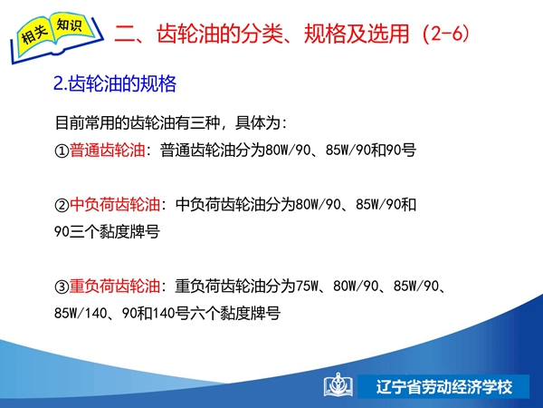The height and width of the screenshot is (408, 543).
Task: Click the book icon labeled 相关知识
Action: pos(56,37)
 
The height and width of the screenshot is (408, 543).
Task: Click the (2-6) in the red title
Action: pos(446,34)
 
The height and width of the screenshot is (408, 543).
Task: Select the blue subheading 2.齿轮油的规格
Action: pos(115,83)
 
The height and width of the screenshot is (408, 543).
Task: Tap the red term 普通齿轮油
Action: pos(107,151)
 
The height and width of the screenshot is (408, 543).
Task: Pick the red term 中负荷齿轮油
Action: pos(115,204)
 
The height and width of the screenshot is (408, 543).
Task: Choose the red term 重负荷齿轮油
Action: pos(115,287)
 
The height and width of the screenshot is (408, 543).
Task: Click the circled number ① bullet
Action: pos(62,151)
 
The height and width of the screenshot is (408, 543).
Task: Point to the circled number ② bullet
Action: pos(62,205)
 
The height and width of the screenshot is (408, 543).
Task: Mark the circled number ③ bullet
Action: pos(62,287)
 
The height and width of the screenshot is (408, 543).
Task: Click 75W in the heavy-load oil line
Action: pos(307,287)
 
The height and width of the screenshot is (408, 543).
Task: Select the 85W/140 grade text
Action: pos(81,314)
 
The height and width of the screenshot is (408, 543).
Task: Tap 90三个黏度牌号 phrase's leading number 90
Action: pos(62,232)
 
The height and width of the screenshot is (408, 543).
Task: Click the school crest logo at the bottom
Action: pos(338,385)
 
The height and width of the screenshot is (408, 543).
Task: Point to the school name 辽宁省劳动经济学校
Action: pos(444,386)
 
